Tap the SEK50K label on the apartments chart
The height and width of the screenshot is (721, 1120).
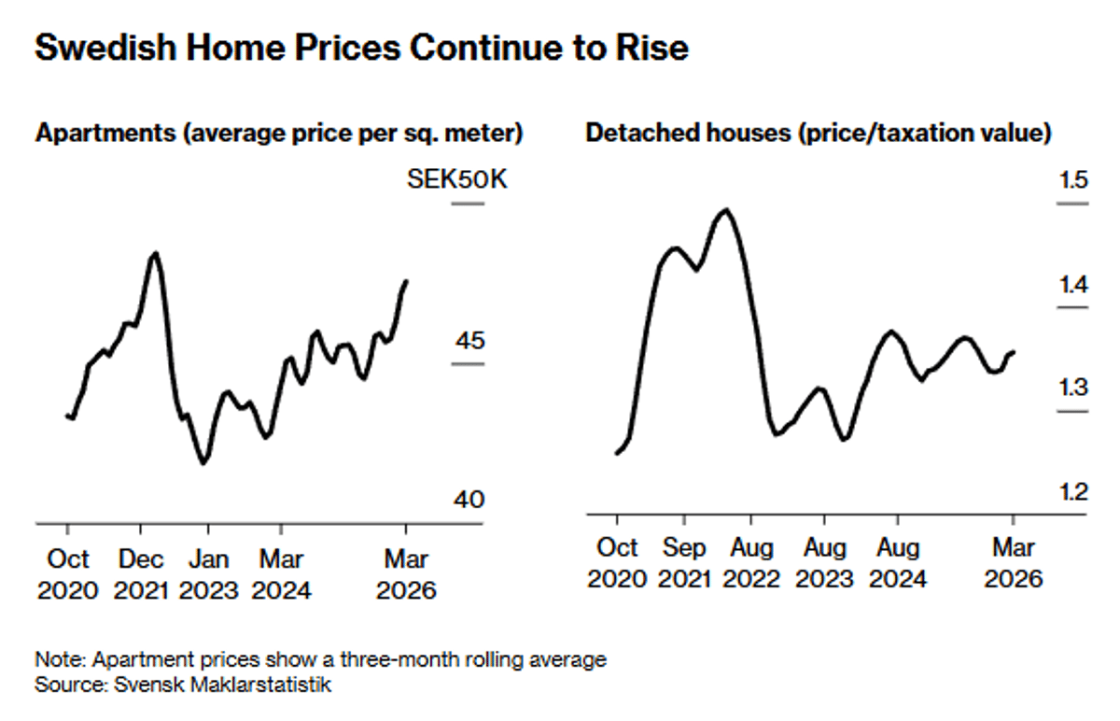[457, 179]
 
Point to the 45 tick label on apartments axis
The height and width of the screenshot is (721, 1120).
[469, 341]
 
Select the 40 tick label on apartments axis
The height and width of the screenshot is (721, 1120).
[469, 500]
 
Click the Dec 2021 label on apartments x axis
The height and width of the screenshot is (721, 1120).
[142, 574]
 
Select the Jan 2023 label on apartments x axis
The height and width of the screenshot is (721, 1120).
[209, 574]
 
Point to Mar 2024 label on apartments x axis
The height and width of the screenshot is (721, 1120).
[281, 574]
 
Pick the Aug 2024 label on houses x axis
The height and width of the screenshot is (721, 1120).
[897, 562]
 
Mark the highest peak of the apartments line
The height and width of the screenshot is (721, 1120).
[155, 253]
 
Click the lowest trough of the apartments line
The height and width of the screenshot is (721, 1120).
[203, 462]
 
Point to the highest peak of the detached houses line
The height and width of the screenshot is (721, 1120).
[726, 210]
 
